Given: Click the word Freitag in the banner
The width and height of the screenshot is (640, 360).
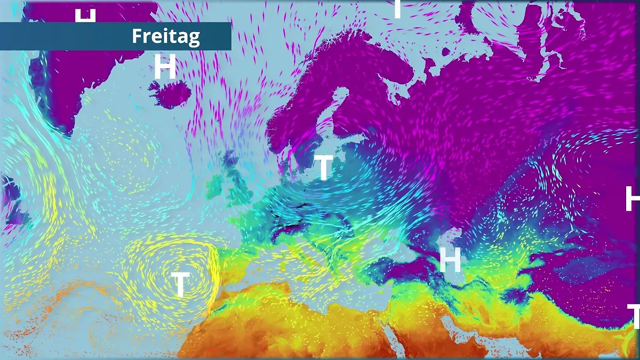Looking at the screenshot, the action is [165, 36].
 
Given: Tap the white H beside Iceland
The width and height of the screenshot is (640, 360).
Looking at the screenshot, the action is [165, 67].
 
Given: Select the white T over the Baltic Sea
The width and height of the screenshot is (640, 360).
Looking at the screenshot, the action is [324, 167].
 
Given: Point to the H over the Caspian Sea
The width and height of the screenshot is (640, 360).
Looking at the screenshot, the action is [450, 260].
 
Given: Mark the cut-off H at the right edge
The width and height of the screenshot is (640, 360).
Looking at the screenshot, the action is [633, 199].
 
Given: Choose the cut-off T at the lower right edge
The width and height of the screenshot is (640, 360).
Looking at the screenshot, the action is [634, 316].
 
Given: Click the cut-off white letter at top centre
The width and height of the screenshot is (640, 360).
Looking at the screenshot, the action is [397, 9].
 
